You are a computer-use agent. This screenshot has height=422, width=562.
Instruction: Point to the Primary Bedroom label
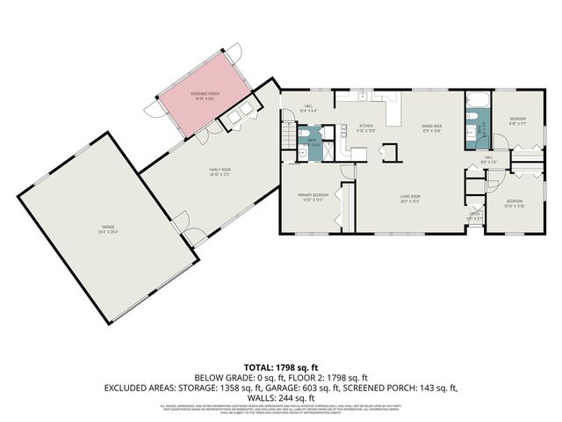(313, 196)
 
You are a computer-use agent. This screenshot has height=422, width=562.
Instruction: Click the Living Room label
(411, 197)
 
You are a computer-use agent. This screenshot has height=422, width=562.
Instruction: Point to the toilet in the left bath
(303, 152)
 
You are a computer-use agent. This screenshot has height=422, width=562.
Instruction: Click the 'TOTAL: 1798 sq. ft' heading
(281, 367)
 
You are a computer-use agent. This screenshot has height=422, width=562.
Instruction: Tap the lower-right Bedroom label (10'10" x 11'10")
(514, 204)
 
